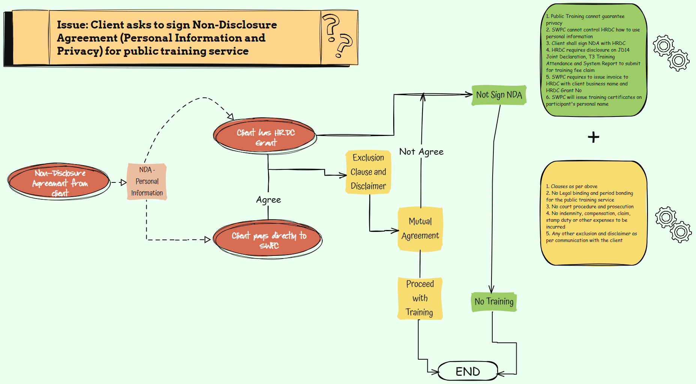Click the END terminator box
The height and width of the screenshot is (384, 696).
[x=468, y=371]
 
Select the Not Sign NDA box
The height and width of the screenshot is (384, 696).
[x=499, y=95]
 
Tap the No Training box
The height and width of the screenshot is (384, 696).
[x=494, y=302]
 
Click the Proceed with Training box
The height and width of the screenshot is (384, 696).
[x=420, y=298]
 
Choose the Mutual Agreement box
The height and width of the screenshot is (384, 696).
[x=420, y=229]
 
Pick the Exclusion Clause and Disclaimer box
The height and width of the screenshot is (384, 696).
[x=368, y=172]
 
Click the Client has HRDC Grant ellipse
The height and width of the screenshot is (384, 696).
[x=265, y=137]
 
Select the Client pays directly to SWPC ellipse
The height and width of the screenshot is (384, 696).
[x=268, y=240]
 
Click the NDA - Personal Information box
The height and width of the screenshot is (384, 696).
[x=147, y=181]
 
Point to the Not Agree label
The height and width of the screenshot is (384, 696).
[x=421, y=152]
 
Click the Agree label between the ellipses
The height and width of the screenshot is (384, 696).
[x=268, y=200]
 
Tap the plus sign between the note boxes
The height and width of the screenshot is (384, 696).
[x=593, y=137]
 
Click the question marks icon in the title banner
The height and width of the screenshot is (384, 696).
[x=338, y=36]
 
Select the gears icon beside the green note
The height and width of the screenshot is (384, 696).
[x=671, y=53]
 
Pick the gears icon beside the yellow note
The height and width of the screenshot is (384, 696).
[x=673, y=224]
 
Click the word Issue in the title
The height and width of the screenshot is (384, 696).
[x=72, y=25]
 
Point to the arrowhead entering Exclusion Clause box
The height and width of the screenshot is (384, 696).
[x=343, y=175]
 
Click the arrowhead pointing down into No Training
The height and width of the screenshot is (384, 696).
[x=492, y=289]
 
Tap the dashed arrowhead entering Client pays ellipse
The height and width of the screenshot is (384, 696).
[x=207, y=240]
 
